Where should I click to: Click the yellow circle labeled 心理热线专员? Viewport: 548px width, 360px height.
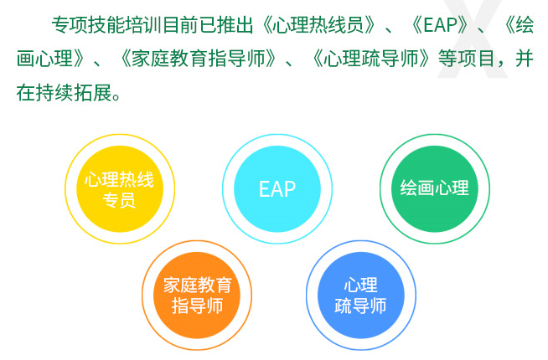point(120,189)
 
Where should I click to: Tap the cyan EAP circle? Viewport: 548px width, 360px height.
point(277,189)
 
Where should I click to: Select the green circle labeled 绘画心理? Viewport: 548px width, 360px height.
point(434,189)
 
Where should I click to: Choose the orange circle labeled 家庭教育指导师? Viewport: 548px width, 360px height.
point(197,296)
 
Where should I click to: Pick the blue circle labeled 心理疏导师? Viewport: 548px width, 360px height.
point(361,296)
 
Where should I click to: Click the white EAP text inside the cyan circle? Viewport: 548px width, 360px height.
point(277,189)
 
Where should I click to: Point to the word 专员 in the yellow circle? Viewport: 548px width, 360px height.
point(119,200)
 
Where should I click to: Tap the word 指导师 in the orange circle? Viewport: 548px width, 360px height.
point(197,306)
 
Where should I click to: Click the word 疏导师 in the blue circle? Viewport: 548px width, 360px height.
point(360,306)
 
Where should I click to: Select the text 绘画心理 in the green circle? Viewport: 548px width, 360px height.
point(434,188)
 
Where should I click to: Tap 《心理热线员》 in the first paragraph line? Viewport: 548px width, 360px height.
point(318,25)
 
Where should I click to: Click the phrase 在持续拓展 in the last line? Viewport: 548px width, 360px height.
point(64,93)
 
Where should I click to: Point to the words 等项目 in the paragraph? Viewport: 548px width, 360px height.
point(466,59)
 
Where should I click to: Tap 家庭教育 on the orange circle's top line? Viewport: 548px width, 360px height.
point(198,285)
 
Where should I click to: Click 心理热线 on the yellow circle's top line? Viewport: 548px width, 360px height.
point(119,179)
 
